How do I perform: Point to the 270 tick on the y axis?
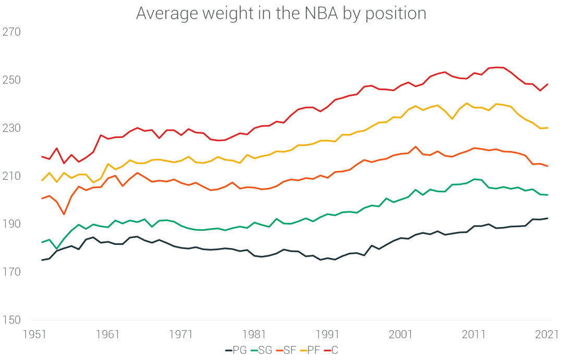11,32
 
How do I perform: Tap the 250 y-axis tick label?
11,80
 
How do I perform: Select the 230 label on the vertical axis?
11,128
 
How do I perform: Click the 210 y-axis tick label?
11,176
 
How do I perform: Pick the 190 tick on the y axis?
11,224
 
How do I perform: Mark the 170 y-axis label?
11,272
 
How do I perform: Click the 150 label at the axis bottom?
11,320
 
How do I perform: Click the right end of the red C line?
547,84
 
